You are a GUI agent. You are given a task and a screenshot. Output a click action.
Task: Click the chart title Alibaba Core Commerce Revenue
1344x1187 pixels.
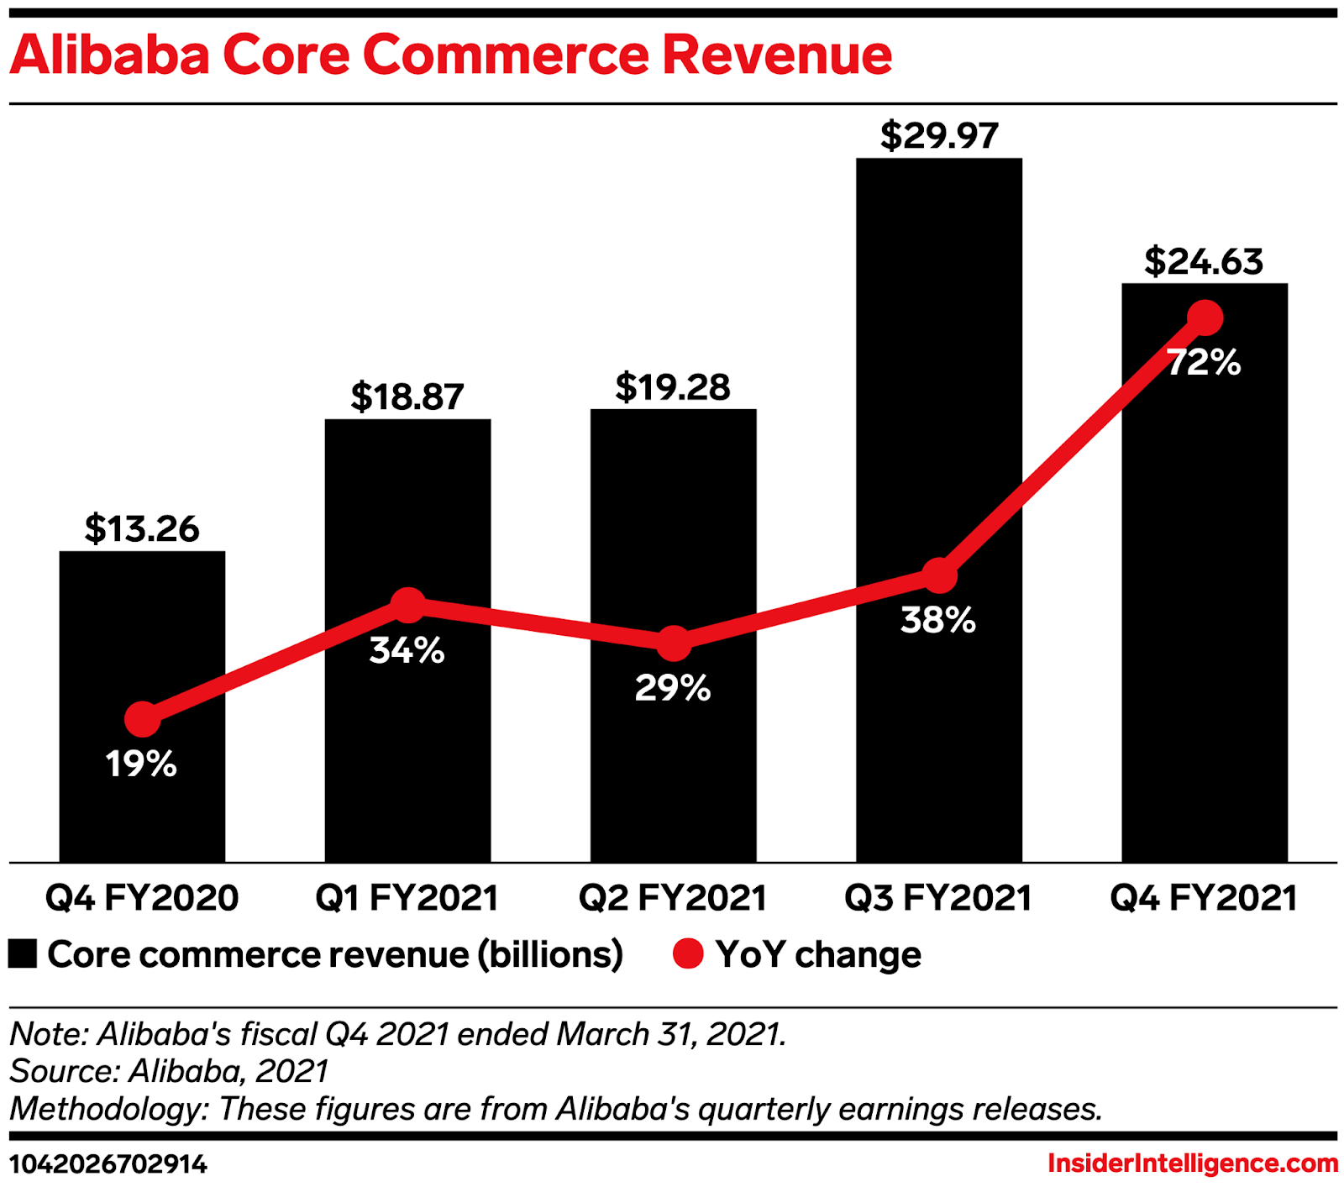point(450,55)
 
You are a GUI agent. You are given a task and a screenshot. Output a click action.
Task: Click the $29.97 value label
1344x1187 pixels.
point(939,136)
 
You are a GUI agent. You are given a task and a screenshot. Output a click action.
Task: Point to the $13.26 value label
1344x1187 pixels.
point(142,529)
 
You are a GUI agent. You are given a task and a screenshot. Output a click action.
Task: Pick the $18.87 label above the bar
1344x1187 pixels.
point(407,397)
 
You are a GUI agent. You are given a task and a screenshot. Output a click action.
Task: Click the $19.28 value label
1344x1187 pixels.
point(673,387)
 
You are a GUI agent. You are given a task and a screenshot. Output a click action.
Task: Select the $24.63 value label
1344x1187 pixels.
point(1204,261)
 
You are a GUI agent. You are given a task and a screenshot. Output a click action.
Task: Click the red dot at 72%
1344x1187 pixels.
point(1205,318)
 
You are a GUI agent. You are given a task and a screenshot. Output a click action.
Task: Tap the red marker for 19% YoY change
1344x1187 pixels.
point(142,719)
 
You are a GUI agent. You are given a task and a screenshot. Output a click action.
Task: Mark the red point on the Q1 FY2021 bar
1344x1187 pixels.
point(408,605)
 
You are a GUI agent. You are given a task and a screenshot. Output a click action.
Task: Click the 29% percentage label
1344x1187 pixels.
point(673,688)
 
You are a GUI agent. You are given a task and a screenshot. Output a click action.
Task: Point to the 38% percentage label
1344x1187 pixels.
point(938,620)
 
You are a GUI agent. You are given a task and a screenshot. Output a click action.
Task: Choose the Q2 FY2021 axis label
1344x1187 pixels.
point(673,898)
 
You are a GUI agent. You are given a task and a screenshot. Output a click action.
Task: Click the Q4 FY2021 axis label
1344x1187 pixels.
point(1204,898)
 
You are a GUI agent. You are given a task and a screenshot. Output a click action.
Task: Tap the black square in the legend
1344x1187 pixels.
point(23,954)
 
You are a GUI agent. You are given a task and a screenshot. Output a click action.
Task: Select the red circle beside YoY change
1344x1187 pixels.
point(688,954)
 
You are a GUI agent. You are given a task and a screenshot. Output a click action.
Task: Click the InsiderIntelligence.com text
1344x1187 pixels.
point(1193,1163)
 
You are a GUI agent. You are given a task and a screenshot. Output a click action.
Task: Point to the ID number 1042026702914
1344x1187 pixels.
point(108,1164)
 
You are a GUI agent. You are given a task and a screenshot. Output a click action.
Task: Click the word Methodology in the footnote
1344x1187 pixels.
point(108,1109)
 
